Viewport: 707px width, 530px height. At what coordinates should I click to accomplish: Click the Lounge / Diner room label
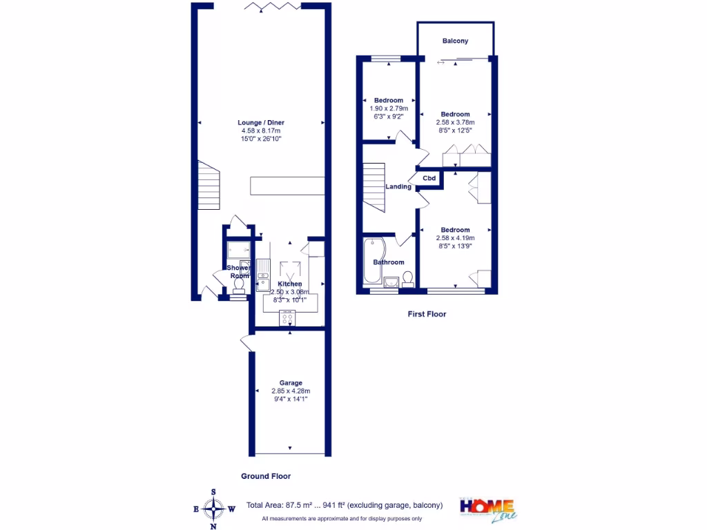pos(261,123)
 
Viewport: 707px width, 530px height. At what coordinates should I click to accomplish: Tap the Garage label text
pos(290,383)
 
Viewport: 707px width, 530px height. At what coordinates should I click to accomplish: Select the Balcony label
pos(455,41)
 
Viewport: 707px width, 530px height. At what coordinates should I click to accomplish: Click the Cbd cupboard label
pos(429,179)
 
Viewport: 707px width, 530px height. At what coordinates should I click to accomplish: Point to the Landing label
pos(398,186)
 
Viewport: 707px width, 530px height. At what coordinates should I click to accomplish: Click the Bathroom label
pos(389,262)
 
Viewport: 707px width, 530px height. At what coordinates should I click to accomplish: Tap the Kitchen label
pos(289,284)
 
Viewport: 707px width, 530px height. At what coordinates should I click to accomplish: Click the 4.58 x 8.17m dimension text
pos(261,131)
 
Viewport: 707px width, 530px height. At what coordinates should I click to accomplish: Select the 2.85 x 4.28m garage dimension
pos(290,391)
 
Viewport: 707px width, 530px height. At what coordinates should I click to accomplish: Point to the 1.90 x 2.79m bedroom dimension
pos(389,108)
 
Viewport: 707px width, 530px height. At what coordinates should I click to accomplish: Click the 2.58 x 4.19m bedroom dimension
pos(455,238)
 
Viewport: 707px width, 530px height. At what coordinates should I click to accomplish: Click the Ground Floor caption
pos(266,476)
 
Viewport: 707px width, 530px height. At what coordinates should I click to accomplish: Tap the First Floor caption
pos(427,314)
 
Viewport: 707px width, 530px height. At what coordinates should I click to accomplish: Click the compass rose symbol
pos(213,509)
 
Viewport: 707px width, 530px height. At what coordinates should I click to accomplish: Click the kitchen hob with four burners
pos(288,318)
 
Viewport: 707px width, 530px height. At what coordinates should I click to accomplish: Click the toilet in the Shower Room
pos(239,283)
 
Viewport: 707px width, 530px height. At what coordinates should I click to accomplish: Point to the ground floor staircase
pos(209,185)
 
